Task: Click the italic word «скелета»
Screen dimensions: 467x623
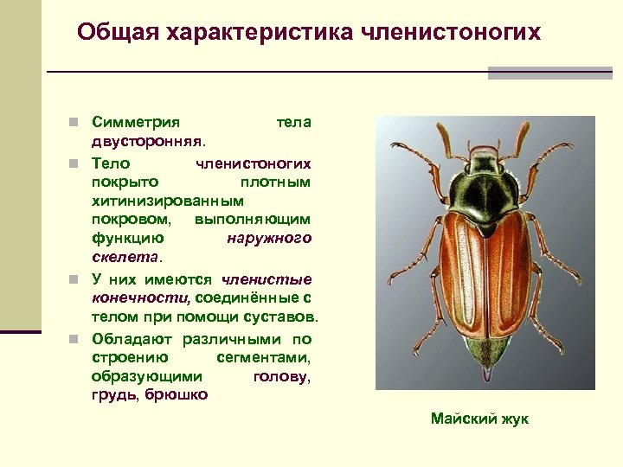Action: (x=125, y=257)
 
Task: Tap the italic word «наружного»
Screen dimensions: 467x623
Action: (x=269, y=237)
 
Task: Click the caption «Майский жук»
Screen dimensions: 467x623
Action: (x=479, y=419)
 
